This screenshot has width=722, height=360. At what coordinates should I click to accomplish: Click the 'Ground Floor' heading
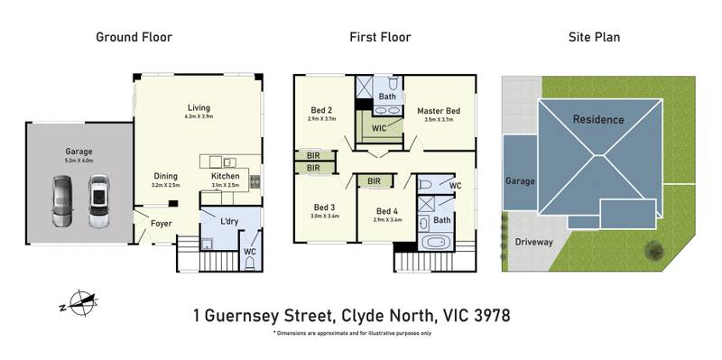[x=134, y=37]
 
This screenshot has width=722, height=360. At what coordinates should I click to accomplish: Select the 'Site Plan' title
[x=593, y=37]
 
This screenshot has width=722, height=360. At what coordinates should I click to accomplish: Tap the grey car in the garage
[x=60, y=200]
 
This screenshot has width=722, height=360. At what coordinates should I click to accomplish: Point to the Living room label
[x=199, y=107]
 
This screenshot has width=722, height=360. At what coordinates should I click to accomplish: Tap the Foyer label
[x=161, y=222]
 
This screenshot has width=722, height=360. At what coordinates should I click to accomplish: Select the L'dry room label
[x=218, y=221]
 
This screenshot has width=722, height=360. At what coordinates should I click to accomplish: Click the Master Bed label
[x=439, y=111]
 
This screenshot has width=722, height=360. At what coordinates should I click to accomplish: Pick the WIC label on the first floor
[x=380, y=129]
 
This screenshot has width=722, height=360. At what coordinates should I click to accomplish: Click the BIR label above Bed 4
[x=374, y=181]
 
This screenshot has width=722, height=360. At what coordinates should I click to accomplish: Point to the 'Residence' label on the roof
[x=598, y=119]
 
